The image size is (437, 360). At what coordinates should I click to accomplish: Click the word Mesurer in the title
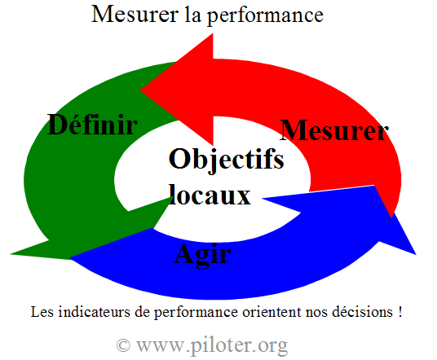135,14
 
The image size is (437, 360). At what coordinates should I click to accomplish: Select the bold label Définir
92,125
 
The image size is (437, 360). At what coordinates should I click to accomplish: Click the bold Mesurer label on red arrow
334,130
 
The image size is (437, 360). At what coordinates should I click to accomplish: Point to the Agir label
202,254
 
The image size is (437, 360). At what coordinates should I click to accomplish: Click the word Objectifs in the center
227,160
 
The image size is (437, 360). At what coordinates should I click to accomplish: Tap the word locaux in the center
210,195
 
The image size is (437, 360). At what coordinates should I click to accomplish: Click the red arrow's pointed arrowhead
141,90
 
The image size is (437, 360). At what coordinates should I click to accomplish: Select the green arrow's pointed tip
11,254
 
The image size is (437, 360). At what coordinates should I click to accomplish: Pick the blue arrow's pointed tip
415,254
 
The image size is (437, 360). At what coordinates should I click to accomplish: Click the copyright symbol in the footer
123,345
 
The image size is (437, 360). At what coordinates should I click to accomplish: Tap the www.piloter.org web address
212,346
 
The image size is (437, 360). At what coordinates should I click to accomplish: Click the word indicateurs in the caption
95,312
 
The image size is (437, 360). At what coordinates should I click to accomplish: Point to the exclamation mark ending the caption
400,312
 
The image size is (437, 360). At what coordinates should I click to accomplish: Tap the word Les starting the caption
42,312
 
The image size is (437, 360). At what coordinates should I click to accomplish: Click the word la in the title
192,14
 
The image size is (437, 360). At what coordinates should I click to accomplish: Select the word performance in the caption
196,314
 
